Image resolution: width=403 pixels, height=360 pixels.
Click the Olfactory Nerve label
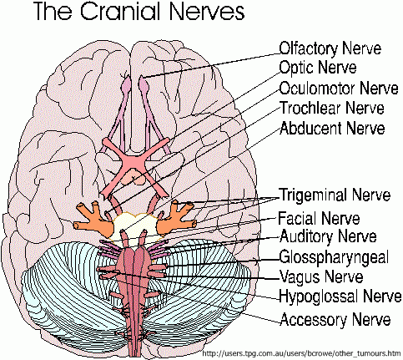point(330,48)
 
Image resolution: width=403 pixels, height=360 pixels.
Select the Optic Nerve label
point(318,68)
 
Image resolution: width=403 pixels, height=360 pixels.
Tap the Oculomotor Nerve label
point(339,89)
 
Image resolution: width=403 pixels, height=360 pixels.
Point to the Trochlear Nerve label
point(332,108)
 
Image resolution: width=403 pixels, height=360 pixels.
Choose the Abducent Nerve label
point(332,128)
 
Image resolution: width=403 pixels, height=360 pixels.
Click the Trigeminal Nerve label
point(335,195)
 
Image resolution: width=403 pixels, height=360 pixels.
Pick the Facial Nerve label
point(319,218)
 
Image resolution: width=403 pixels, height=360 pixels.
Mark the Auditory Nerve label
point(328,236)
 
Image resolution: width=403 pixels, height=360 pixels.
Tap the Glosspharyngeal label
point(334,257)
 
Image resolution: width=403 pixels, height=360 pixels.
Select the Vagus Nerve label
point(321,276)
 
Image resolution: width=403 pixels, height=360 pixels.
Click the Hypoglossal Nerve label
point(340,296)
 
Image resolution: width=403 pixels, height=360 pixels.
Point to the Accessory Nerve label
point(335,319)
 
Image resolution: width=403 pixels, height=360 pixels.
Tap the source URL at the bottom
point(302,353)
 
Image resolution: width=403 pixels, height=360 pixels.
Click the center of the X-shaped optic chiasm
point(134,161)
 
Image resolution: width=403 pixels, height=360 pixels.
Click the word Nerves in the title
point(207,11)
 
